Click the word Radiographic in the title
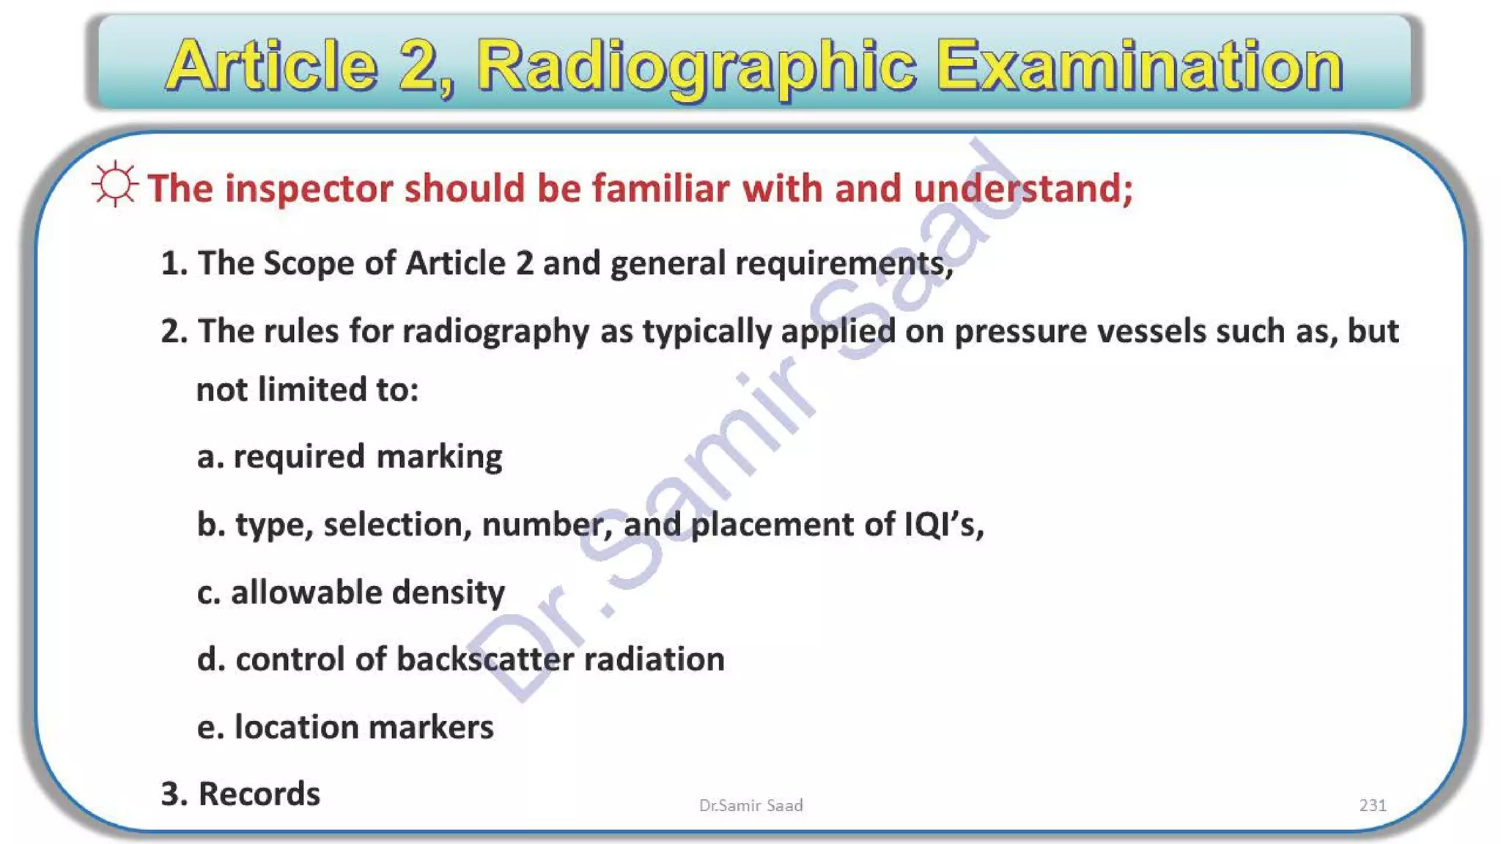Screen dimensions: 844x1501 696,67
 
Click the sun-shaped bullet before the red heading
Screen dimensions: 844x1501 115,184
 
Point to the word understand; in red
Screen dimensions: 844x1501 1023,188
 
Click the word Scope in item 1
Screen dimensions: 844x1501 309,263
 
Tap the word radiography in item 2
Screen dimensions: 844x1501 495,332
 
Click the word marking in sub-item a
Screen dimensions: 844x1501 439,457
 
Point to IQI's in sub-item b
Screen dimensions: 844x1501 943,525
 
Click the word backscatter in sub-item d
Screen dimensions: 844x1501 485,659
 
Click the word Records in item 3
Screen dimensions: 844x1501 259,794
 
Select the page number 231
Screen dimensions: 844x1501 1372,805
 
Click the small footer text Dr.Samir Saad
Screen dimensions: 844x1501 750,805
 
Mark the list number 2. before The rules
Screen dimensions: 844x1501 174,332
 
